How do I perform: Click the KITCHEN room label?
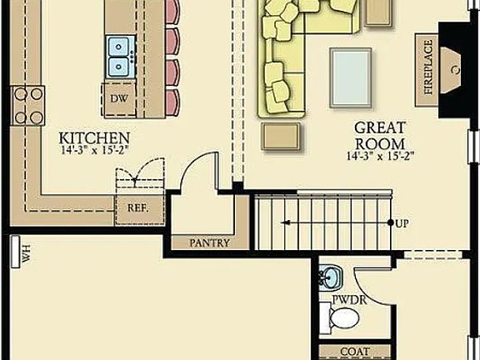pos(94,137)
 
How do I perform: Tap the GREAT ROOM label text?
pos(380,135)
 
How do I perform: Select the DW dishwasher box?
pos(117,97)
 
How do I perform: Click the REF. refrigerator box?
pos(137,207)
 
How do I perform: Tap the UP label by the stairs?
pos(403,223)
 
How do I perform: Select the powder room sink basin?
pos(329,276)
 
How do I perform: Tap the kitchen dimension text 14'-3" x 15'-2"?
pos(94,152)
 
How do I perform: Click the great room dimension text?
pos(380,156)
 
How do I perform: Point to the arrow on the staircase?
pos(288,223)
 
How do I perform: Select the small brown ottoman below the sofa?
pos(280,137)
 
